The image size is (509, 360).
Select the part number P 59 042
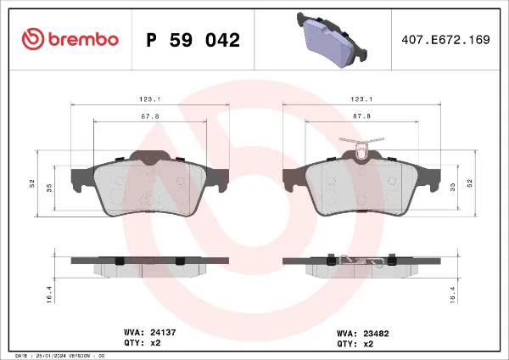pos(193,40)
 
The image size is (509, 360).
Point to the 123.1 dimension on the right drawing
pos(361,98)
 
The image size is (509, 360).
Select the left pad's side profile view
pos(149,265)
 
